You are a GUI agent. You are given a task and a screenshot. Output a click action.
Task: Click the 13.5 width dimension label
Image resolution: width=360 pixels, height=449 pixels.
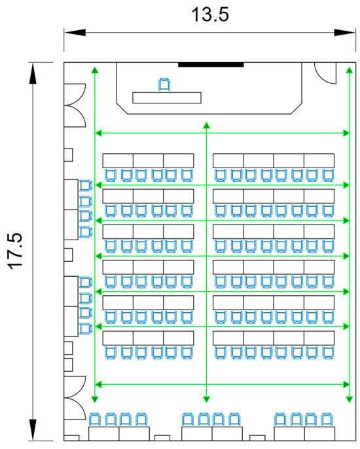210,14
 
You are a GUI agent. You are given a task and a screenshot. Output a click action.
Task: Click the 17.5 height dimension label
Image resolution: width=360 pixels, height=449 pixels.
15,251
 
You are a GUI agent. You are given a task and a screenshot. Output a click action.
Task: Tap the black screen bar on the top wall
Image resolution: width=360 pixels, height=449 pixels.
211,65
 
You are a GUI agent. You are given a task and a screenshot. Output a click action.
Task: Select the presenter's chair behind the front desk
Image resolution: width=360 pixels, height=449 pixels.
164,84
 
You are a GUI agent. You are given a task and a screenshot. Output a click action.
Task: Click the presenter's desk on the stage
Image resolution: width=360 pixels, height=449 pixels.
167,98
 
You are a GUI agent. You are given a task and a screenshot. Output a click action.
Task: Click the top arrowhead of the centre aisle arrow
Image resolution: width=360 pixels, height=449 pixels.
206,126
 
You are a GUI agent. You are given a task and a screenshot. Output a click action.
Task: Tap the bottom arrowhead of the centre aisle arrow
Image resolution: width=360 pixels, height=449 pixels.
206,399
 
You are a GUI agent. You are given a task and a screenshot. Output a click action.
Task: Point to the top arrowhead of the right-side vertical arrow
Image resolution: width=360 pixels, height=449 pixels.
349,70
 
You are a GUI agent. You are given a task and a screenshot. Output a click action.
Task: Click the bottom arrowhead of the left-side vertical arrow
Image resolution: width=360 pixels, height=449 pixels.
95,399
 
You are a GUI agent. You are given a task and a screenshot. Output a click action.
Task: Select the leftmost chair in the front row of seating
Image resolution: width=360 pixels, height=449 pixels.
111,175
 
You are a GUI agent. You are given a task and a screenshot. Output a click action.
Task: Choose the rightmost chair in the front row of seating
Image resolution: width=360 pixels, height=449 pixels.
328,175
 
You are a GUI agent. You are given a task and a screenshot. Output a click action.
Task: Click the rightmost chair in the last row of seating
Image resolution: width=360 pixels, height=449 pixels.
328,353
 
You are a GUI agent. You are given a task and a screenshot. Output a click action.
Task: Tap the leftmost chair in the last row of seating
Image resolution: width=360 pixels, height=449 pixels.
111,353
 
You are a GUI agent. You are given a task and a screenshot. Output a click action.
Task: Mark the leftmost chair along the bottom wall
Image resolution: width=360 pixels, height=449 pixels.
95,419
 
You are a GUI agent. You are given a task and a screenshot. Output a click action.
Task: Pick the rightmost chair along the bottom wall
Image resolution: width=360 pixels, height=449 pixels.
327,419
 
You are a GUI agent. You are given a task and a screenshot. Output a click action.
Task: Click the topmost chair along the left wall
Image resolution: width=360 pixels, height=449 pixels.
86,186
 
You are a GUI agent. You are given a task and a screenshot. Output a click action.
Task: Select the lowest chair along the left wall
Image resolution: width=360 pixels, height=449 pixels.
86,329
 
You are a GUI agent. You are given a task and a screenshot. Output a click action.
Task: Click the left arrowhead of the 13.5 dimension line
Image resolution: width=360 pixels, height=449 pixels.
75,32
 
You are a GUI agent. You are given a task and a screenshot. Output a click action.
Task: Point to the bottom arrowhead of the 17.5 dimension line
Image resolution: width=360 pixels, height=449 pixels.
33,430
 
